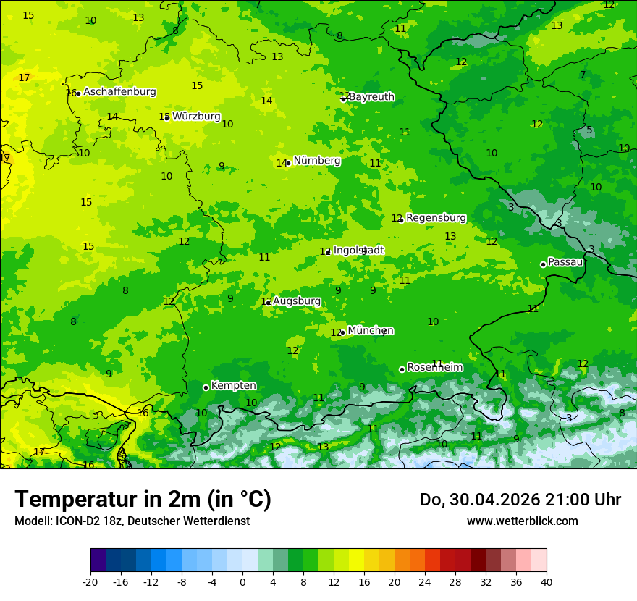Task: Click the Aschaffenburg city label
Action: (x=119, y=92)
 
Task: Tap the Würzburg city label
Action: (x=196, y=116)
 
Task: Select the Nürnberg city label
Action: (x=316, y=161)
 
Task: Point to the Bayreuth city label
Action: (x=371, y=96)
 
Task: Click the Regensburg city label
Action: (x=436, y=217)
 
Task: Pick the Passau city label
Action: (x=565, y=262)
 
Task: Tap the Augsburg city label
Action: (x=296, y=300)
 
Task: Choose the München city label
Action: (x=371, y=331)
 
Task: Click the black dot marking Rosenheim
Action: (x=402, y=369)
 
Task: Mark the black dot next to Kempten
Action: (x=206, y=387)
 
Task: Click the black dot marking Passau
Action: (x=543, y=264)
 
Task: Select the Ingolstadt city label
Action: (x=358, y=250)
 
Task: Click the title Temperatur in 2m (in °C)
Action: (x=143, y=500)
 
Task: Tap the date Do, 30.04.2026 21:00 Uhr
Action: (x=520, y=500)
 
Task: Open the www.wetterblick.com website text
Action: (x=522, y=521)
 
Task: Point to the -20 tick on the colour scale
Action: (x=90, y=581)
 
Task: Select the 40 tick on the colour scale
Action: (x=547, y=581)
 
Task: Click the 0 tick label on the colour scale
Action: (x=242, y=581)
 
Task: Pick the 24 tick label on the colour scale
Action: (x=425, y=581)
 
